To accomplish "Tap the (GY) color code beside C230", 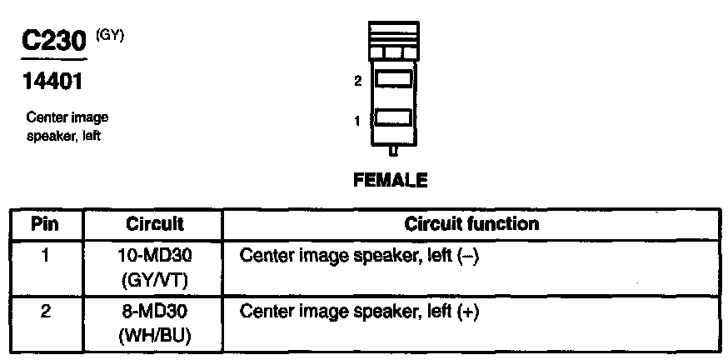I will [111, 37].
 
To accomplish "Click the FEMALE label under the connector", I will [391, 180].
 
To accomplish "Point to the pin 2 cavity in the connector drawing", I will [393, 79].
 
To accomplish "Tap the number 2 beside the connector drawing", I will [357, 82].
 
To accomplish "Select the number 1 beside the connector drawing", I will [357, 121].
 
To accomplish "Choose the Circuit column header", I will [155, 224].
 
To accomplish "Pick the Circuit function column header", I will [471, 224].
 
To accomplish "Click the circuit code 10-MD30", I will [155, 257].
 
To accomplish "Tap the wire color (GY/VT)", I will [155, 279].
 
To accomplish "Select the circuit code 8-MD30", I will [155, 313].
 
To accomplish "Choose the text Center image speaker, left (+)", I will [360, 313].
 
